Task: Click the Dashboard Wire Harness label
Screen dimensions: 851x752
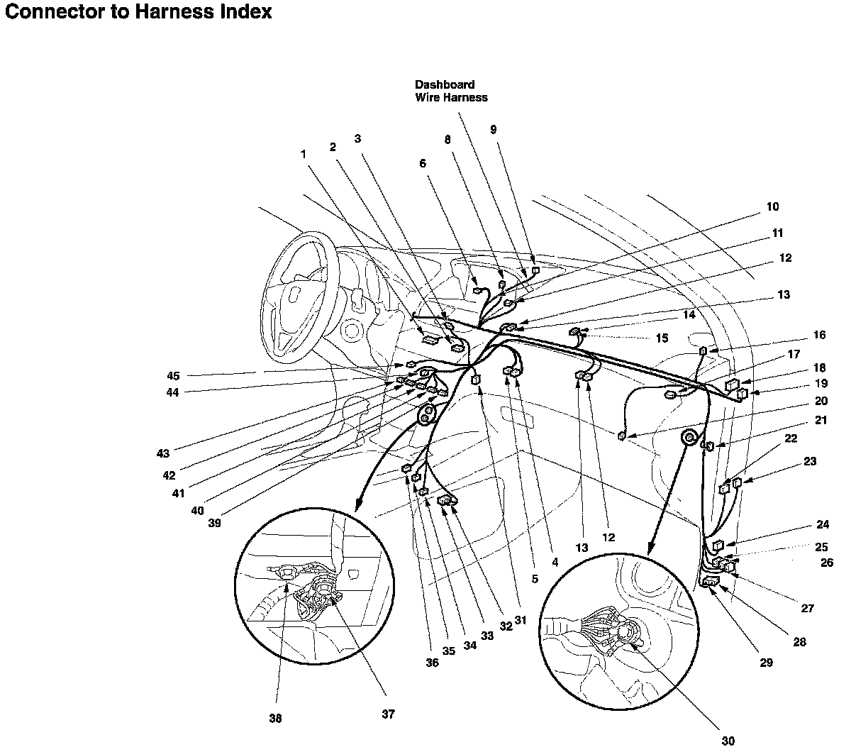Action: (451, 91)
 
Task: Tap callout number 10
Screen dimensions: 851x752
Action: (772, 206)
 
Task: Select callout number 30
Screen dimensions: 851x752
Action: (728, 741)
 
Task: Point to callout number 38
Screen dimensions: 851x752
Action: (275, 719)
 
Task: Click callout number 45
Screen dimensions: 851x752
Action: (173, 375)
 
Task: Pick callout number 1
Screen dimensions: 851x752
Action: (304, 154)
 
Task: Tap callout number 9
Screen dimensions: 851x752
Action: (494, 129)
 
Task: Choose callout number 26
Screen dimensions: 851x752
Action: (827, 563)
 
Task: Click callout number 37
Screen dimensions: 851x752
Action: (388, 714)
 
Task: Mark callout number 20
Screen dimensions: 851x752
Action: (821, 401)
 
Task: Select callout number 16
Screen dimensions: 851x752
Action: (820, 335)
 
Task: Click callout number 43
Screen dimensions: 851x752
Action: (163, 453)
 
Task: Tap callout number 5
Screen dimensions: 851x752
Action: (535, 578)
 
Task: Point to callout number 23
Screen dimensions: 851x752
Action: (810, 461)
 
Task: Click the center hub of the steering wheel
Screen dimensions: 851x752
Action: (296, 294)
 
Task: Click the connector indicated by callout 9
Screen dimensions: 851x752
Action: (535, 270)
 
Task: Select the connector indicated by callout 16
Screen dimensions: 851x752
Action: (703, 350)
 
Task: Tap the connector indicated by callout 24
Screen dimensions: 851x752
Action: (718, 546)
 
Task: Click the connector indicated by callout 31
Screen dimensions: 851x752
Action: (475, 380)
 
